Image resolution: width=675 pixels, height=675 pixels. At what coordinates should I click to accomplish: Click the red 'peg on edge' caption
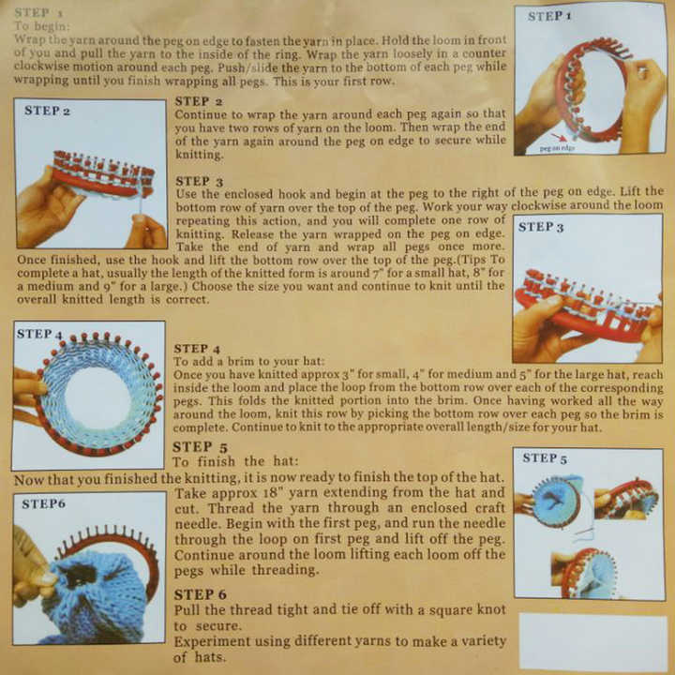click(x=557, y=148)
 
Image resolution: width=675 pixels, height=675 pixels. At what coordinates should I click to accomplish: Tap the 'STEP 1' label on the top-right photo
click(x=550, y=16)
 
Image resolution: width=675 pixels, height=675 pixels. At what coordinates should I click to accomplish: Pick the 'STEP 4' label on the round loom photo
click(x=39, y=334)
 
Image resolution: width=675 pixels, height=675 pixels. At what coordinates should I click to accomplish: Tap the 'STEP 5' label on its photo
click(x=545, y=457)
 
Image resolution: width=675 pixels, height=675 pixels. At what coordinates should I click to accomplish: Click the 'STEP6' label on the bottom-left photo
click(x=43, y=503)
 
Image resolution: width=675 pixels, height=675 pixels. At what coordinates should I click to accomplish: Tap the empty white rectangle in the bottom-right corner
click(x=592, y=642)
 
